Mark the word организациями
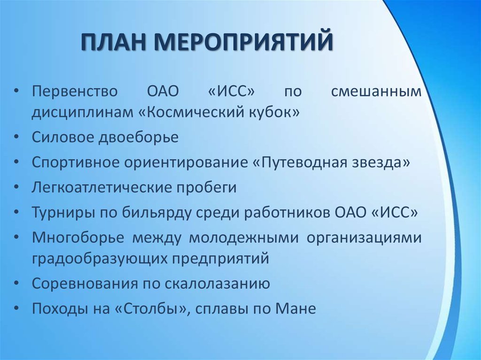point(365,237)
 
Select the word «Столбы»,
point(150,309)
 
